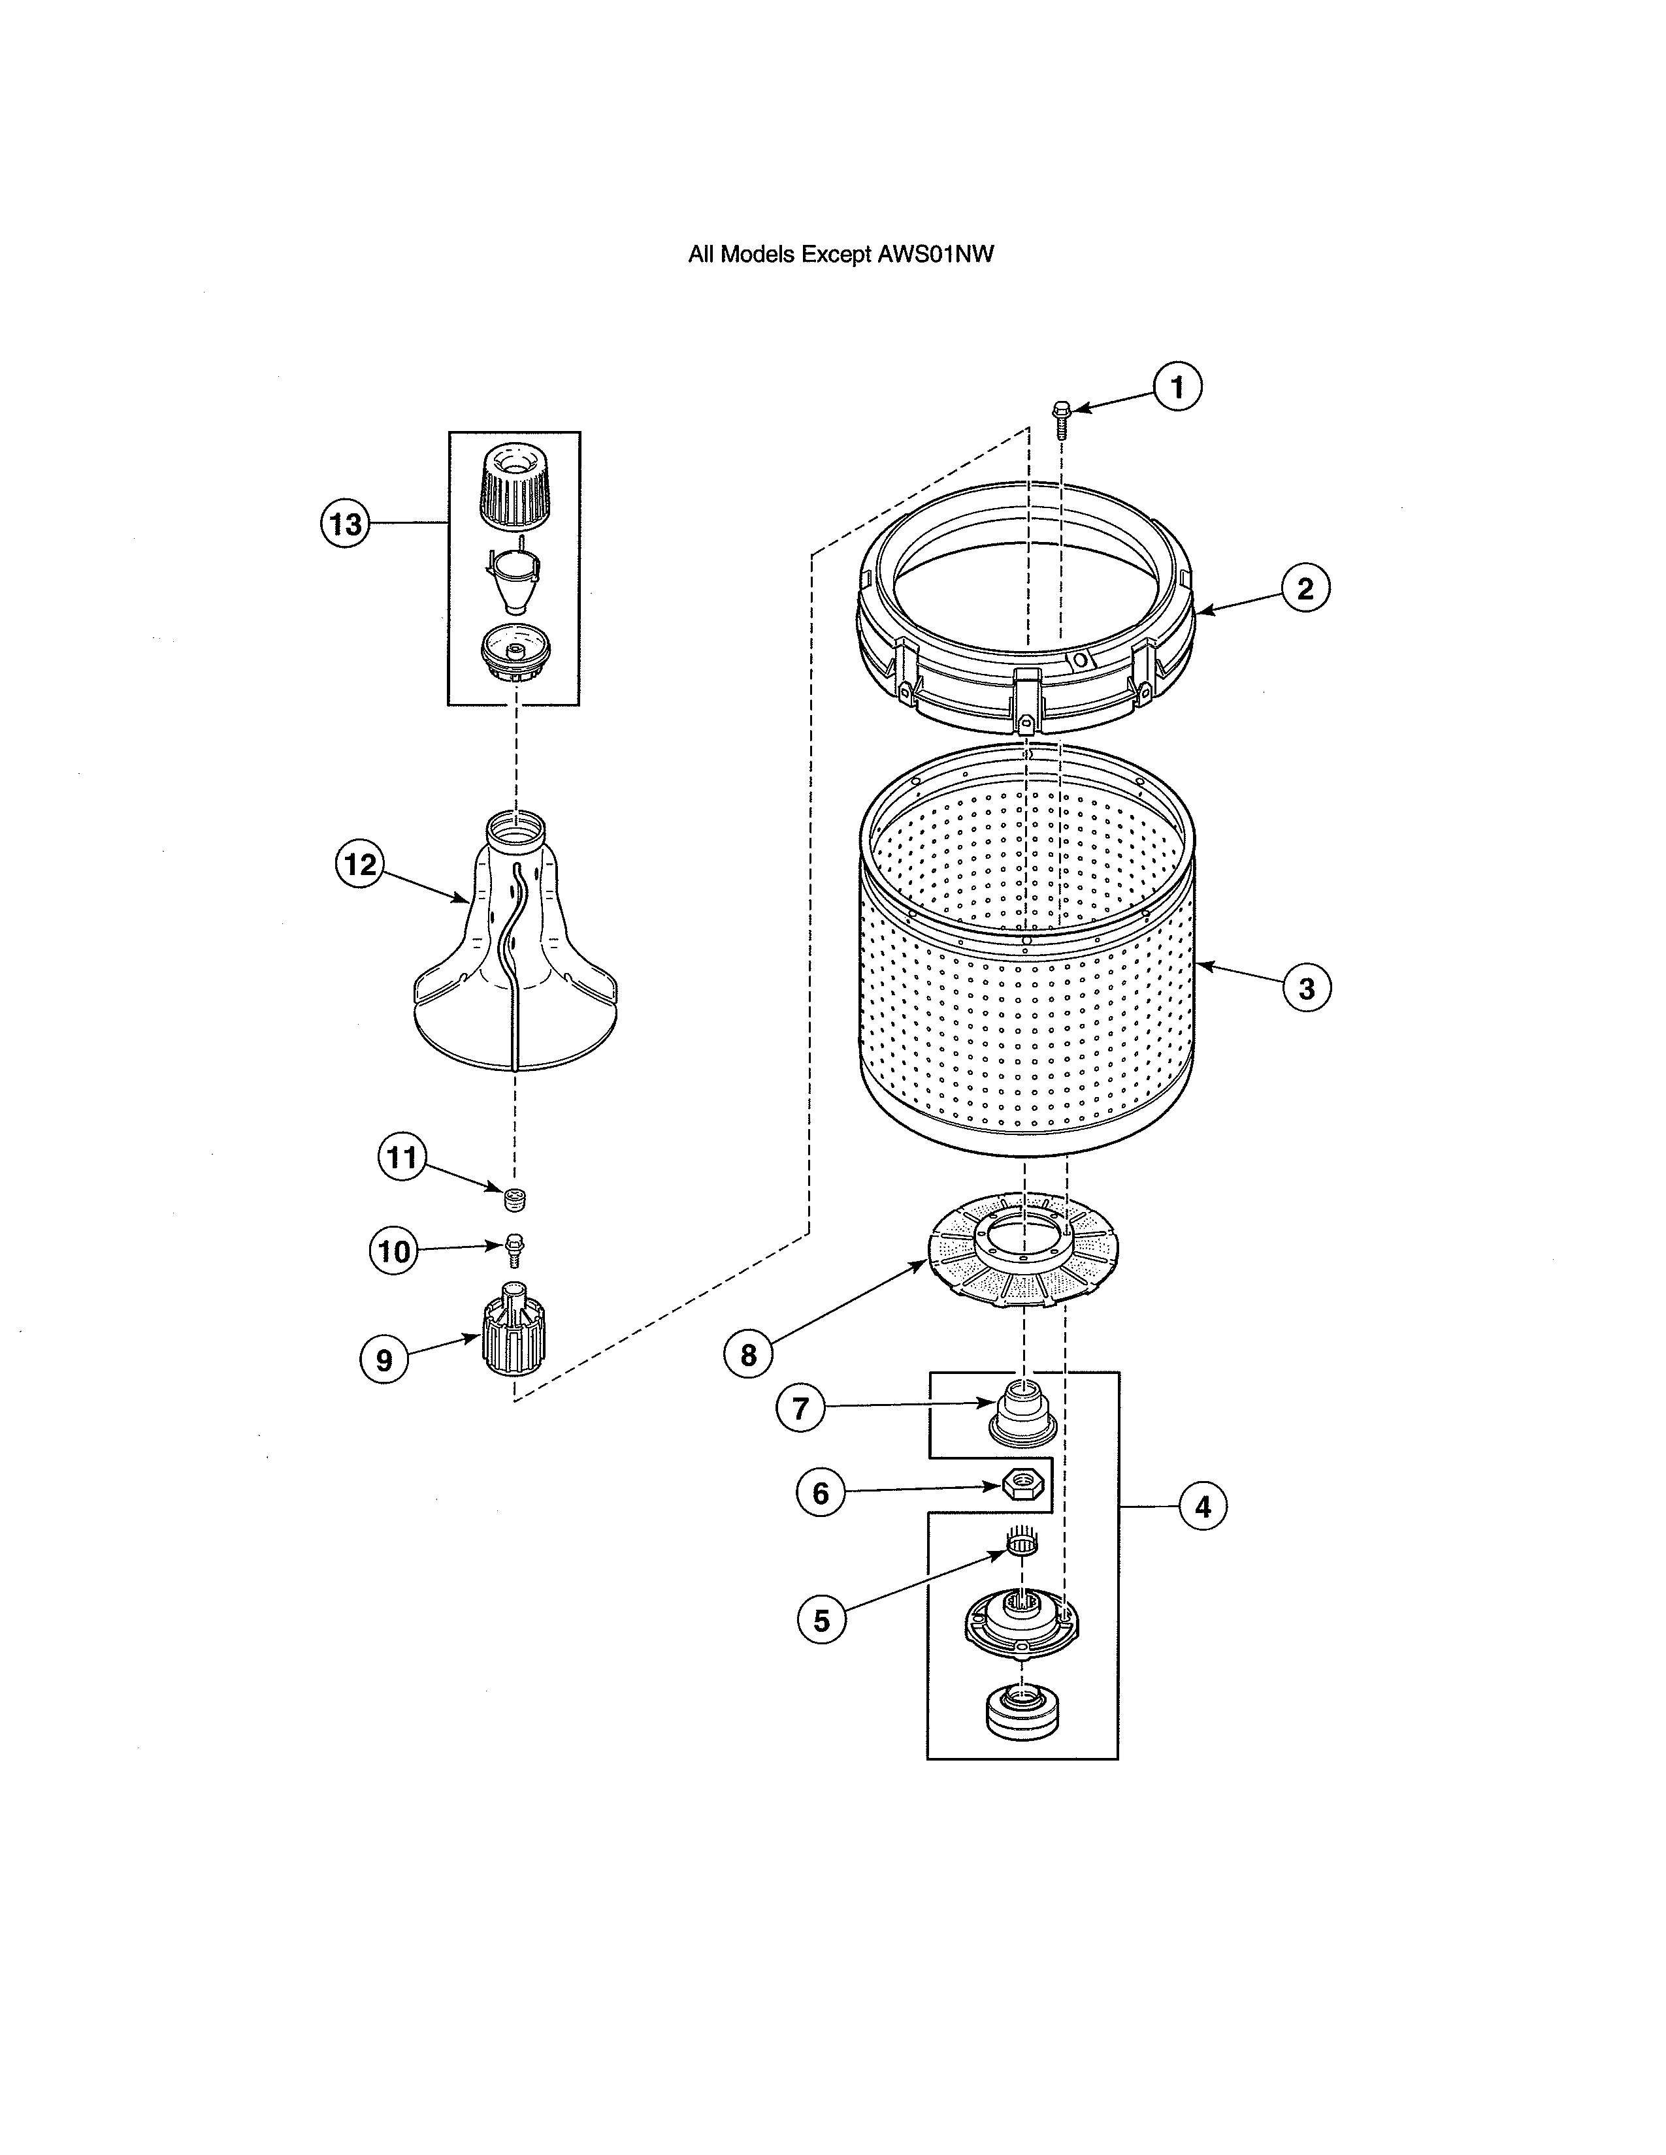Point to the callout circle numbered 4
pyautogui.click(x=1202, y=1506)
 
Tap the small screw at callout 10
pyautogui.click(x=514, y=1248)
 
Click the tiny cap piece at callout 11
pyautogui.click(x=514, y=1200)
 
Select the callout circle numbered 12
pyautogui.click(x=359, y=865)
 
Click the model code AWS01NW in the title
pyautogui.click(x=936, y=255)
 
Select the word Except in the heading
pyautogui.click(x=835, y=255)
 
